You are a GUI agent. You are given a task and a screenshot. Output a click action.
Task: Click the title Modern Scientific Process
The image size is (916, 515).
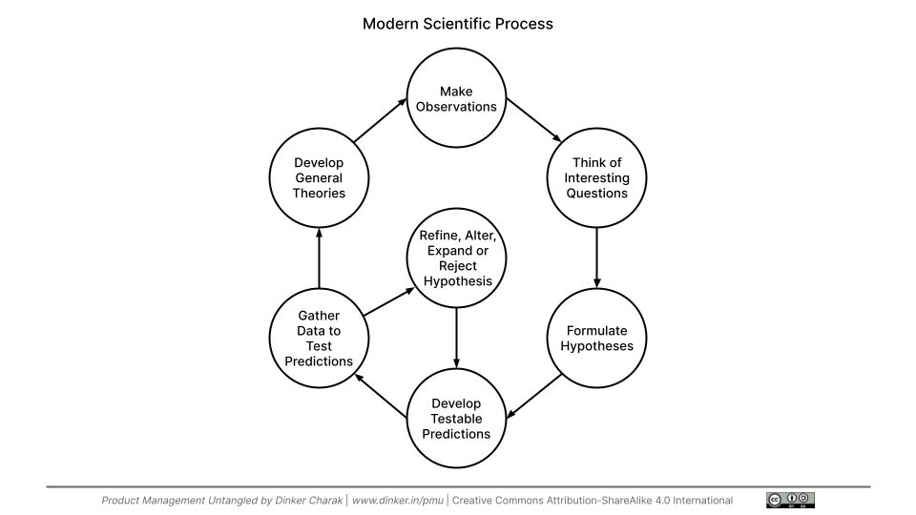coord(457,24)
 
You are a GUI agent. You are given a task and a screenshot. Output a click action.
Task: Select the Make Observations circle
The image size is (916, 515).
coord(456,98)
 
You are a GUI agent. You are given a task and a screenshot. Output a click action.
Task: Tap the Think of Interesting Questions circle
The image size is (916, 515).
coord(597,178)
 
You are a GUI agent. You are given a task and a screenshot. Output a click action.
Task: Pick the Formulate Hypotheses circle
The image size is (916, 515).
coord(597,339)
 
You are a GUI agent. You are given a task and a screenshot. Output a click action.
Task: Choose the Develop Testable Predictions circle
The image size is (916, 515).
coord(456,419)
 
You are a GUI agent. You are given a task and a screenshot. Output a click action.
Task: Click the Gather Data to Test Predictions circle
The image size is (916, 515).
coord(319,339)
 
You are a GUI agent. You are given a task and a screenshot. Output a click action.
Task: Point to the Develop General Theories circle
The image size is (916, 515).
coord(319,178)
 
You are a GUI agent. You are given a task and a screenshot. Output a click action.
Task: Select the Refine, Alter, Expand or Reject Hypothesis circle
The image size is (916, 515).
coord(456,257)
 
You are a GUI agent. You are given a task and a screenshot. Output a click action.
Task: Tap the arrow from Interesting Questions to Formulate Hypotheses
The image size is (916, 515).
coord(597,256)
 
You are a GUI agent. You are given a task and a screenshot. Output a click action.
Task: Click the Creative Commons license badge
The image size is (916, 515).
coord(790,500)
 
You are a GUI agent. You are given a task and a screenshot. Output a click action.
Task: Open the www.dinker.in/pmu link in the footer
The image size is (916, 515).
coord(396,501)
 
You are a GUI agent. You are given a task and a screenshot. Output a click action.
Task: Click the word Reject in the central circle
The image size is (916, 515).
coord(456,266)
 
